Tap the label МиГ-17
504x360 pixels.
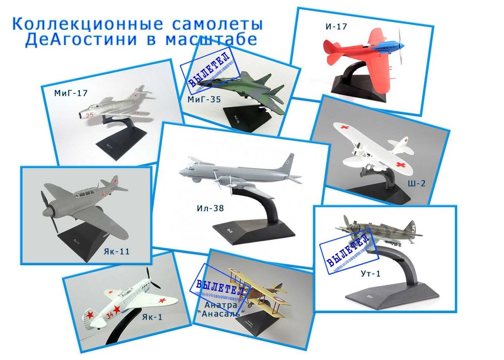coord(71,93)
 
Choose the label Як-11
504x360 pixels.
coord(116,251)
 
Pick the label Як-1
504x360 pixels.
coord(152,317)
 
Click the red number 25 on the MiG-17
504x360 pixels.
coord(89,115)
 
